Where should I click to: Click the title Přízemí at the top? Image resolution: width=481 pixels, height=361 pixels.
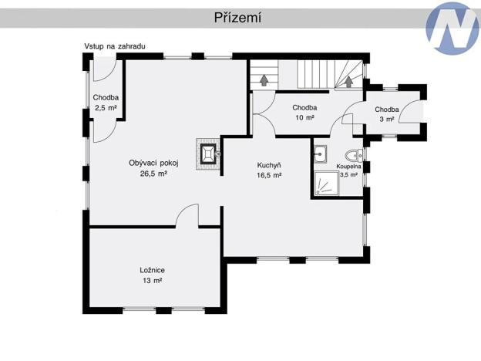click(237, 18)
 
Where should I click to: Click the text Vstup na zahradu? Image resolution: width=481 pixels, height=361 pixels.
click(115, 47)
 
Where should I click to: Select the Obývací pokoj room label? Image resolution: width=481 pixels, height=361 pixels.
click(153, 163)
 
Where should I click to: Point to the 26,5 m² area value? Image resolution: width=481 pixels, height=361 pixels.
click(153, 174)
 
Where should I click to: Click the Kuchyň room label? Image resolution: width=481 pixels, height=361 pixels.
click(269, 165)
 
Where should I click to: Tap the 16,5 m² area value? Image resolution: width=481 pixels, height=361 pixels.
click(269, 176)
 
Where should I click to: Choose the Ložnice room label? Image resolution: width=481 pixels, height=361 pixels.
click(153, 270)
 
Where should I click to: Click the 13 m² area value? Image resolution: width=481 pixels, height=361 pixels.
click(153, 281)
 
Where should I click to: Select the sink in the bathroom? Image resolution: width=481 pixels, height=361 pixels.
click(321, 153)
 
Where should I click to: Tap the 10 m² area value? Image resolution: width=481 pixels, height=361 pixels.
click(304, 118)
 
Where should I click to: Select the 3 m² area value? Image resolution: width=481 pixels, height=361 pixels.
click(387, 120)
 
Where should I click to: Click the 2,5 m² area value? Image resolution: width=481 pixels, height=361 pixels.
click(106, 109)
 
